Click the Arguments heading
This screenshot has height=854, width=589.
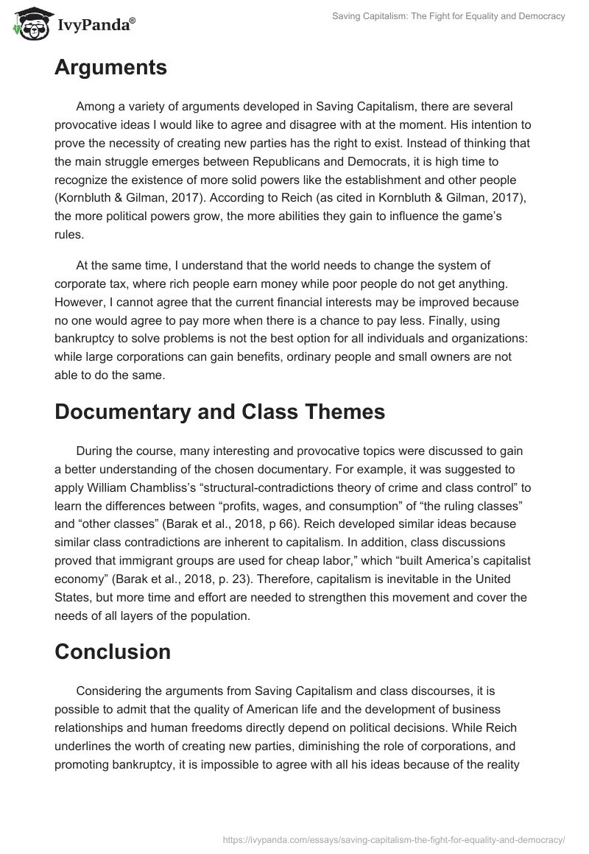pos(110,68)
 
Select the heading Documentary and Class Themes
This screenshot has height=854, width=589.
pos(219,412)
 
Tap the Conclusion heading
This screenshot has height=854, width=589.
pos(113,652)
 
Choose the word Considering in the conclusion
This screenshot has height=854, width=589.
pos(109,691)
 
